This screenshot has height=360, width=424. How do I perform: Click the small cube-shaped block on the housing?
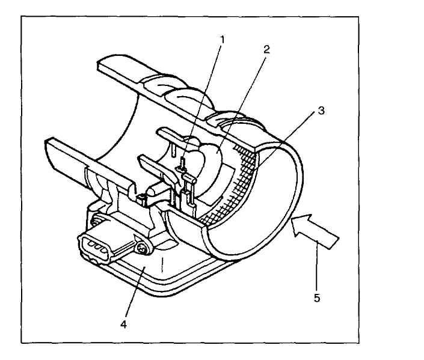142,197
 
